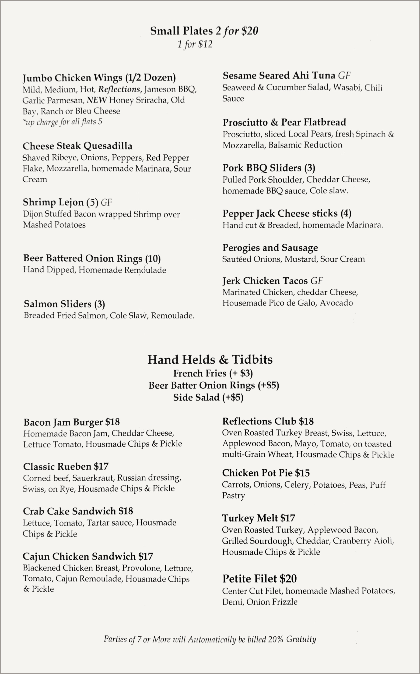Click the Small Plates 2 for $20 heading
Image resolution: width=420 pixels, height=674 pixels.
(x=204, y=31)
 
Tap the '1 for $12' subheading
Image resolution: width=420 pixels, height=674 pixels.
(x=195, y=44)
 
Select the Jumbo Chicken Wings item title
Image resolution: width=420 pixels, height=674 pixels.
(x=99, y=78)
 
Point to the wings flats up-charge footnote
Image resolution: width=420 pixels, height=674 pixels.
(x=63, y=122)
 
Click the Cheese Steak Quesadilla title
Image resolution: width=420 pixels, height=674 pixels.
(x=77, y=146)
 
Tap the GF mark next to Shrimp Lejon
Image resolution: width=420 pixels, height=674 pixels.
(x=106, y=202)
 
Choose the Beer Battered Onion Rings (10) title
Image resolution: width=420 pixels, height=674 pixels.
(x=92, y=259)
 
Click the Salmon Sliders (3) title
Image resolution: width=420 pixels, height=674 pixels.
(x=64, y=304)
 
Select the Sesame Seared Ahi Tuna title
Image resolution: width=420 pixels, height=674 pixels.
(x=279, y=76)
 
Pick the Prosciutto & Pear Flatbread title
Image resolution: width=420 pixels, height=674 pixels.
(x=284, y=122)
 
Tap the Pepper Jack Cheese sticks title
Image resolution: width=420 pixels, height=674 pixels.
(x=287, y=213)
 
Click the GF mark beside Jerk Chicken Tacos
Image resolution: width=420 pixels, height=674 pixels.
(x=317, y=281)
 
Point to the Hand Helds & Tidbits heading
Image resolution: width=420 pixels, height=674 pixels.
(x=210, y=360)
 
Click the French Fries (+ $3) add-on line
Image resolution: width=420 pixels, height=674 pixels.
(x=213, y=373)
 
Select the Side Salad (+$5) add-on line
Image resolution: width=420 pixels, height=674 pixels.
(x=208, y=397)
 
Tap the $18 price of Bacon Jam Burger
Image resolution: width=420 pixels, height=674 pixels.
(x=112, y=422)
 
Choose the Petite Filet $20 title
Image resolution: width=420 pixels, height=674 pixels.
(x=259, y=579)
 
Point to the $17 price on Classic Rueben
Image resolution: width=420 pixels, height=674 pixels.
(x=101, y=466)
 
